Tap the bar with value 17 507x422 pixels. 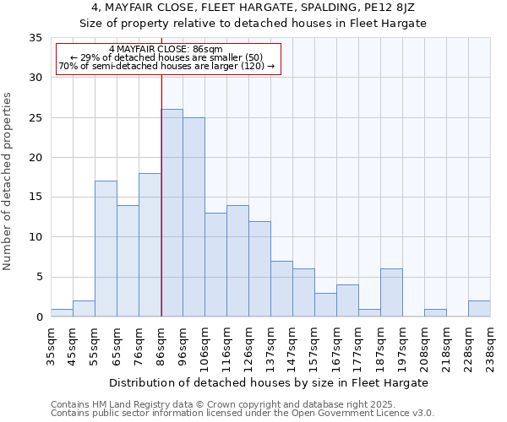click(106, 249)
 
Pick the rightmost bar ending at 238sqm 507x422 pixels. click(479, 309)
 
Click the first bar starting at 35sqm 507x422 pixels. click(62, 312)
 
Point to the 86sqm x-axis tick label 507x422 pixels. click(161, 342)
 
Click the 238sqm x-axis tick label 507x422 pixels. click(490, 342)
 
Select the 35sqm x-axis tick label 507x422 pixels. click(51, 342)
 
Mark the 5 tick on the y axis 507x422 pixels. click(39, 277)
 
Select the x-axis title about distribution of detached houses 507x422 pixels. click(269, 382)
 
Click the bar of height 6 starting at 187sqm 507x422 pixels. click(391, 293)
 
